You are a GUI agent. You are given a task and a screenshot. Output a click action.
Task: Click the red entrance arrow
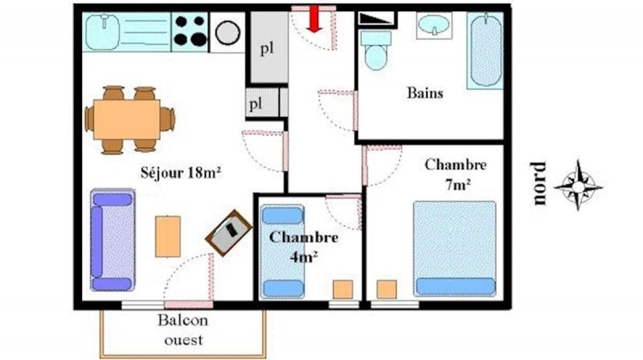coord(314,18)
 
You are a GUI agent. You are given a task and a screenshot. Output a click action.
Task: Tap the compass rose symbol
coord(578,186)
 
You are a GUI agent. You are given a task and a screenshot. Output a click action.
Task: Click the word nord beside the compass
coord(539,183)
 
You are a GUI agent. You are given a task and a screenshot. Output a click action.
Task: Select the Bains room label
coord(425,92)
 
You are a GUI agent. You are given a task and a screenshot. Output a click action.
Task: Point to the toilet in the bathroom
coord(376,51)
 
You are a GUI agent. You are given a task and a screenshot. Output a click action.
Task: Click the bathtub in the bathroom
coord(485,50)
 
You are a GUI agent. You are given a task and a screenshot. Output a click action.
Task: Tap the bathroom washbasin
coord(434,25)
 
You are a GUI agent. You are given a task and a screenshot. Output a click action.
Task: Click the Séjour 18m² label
coord(180,172)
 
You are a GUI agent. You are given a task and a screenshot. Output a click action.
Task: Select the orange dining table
coord(127,119)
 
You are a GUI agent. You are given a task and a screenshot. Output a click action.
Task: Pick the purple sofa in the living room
coord(113,239)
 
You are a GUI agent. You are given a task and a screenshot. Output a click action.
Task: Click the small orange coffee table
coord(168,236)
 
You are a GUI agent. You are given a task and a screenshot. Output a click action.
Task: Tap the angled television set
coord(228,232)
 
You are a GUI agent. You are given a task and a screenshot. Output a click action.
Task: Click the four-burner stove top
coord(190,31)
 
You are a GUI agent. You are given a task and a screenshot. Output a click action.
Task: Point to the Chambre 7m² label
coord(456,175)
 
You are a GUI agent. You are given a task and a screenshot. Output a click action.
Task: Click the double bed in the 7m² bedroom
coord(455,248)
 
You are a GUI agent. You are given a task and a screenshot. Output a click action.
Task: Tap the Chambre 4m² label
coord(304,247)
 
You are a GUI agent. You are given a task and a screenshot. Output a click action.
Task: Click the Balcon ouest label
coord(183,329)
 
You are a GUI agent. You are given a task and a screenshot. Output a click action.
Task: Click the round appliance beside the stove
coord(227,32)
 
